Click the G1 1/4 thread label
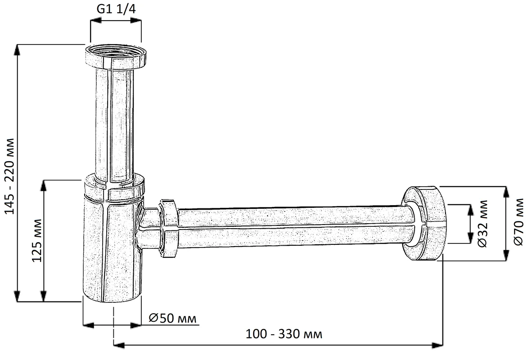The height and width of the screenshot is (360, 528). click(x=116, y=9)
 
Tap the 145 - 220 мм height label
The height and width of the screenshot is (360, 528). click(x=10, y=176)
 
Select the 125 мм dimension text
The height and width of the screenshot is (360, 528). click(x=37, y=240)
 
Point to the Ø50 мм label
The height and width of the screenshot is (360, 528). click(x=172, y=318)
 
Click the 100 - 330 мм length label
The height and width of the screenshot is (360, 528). click(x=284, y=334)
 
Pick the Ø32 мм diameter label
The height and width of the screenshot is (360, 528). click(x=483, y=224)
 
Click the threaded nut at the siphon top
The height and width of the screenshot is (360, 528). click(x=116, y=57)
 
